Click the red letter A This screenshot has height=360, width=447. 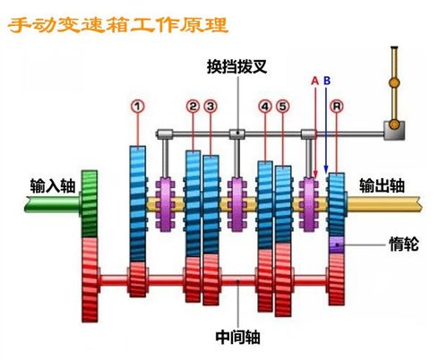[x=314, y=81]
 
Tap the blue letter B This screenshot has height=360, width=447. [x=327, y=81]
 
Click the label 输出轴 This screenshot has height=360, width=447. [x=383, y=185]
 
